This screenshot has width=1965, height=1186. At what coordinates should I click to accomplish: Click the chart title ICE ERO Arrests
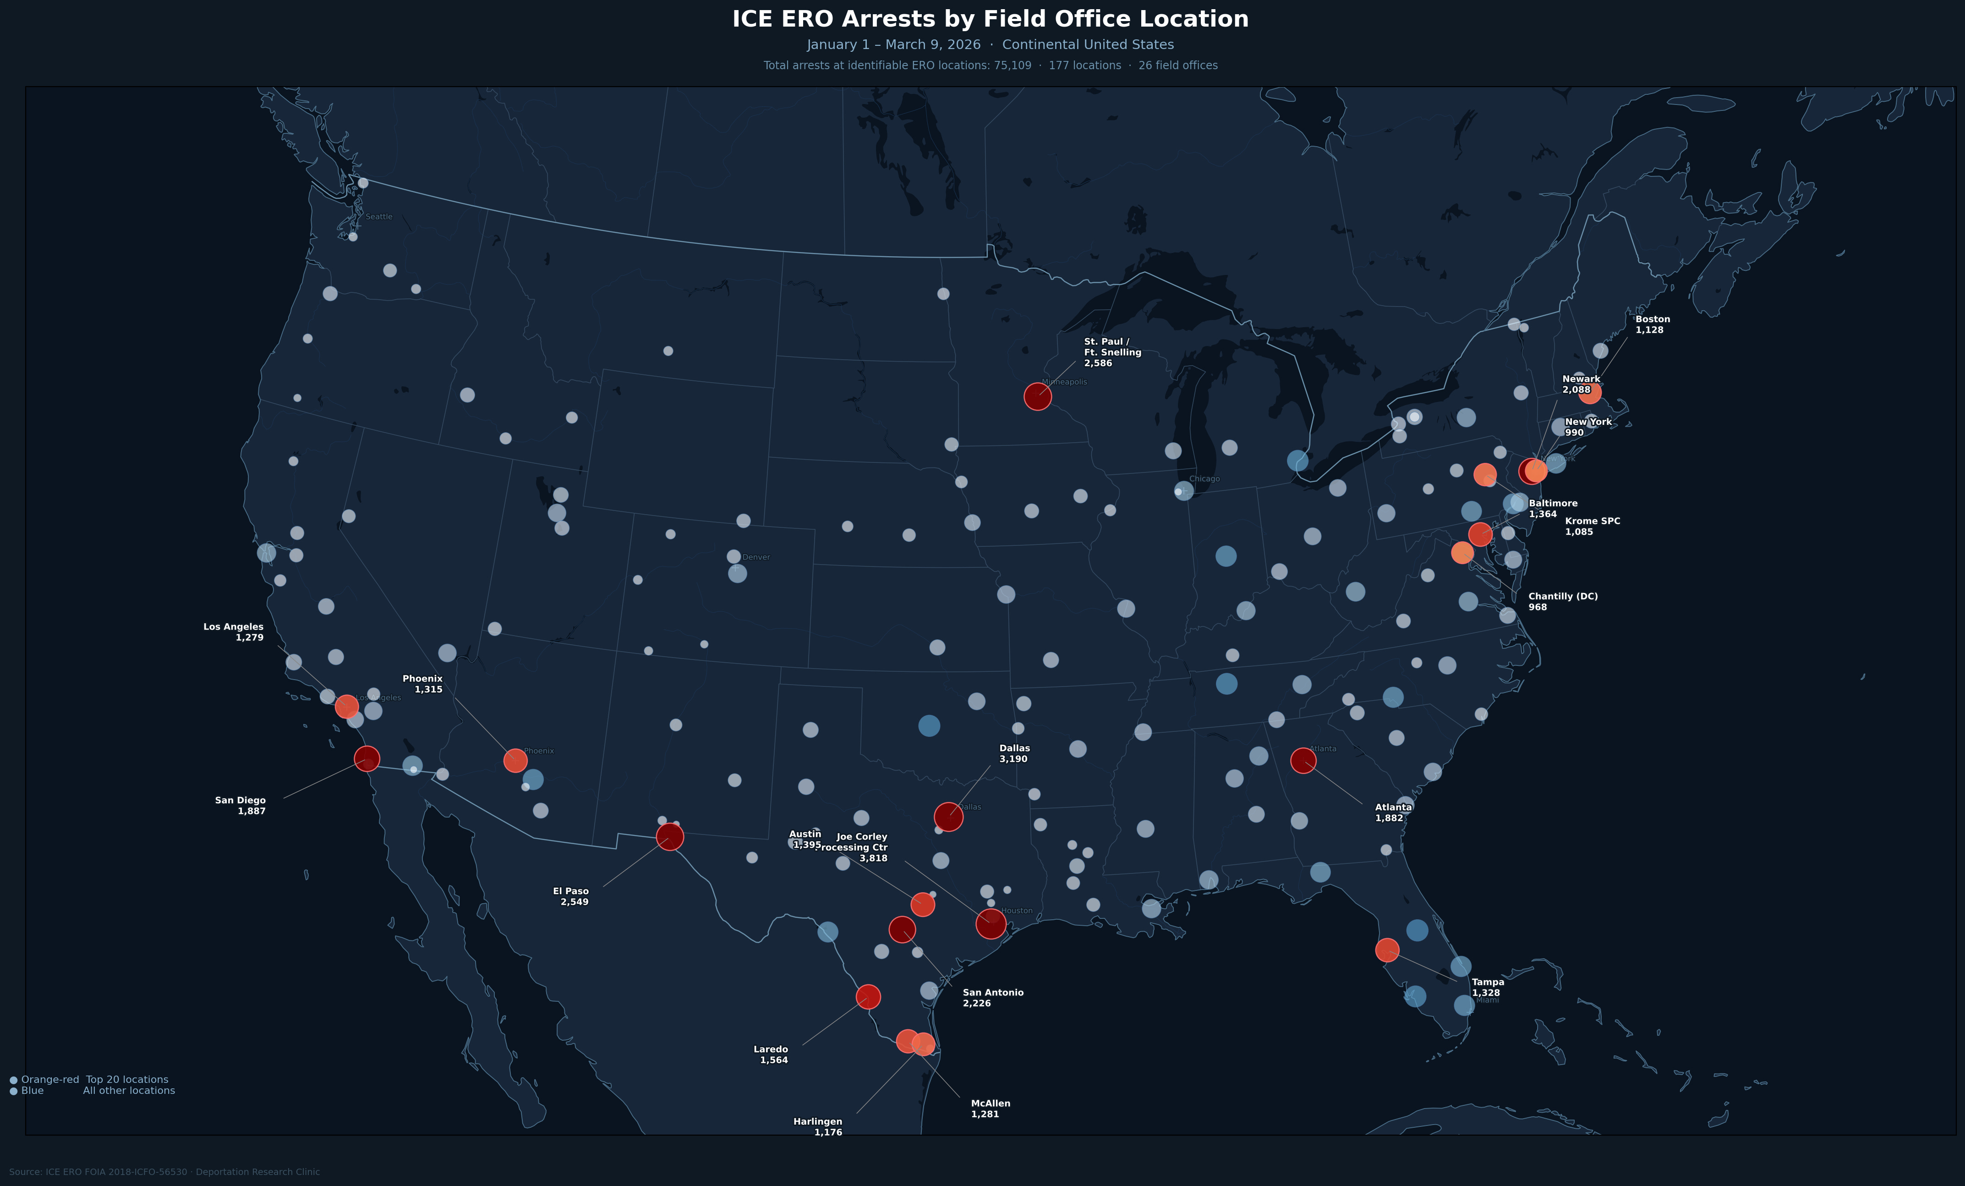tap(990, 19)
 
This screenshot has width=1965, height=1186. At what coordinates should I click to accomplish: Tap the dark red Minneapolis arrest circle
tap(1037, 396)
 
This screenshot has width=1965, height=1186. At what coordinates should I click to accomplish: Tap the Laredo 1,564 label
tap(771, 1054)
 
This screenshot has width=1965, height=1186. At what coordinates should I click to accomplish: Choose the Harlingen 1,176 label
tap(818, 1126)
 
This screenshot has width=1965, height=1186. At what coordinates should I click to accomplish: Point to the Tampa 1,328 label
tap(1487, 988)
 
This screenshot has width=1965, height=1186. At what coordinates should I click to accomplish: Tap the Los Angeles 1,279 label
tap(234, 631)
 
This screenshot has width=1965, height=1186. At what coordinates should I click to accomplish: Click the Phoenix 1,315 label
tap(423, 684)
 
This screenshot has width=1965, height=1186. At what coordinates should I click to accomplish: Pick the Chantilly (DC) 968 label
tap(1562, 601)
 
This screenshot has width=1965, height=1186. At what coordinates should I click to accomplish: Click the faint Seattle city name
tap(379, 217)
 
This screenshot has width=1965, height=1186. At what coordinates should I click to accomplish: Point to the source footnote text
tap(164, 1172)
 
